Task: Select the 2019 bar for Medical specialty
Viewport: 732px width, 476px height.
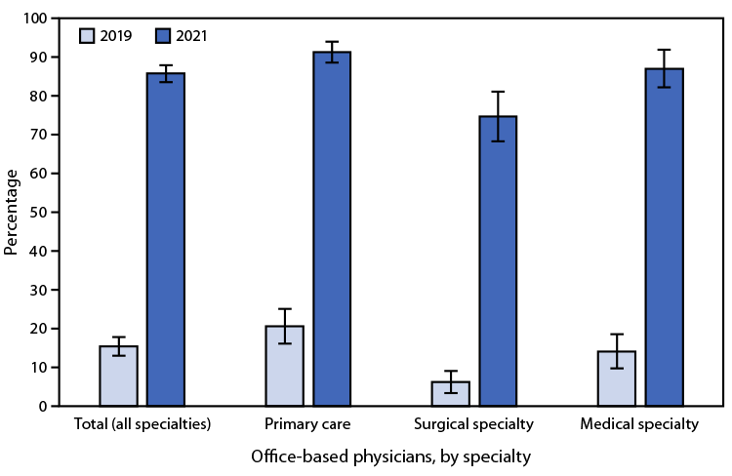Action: pos(617,378)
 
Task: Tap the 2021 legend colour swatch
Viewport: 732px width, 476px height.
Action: pos(163,36)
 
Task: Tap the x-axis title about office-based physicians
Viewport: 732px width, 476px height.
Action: pos(390,456)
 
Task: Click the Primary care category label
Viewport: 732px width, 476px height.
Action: pos(307,425)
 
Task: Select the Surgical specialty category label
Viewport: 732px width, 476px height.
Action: pos(474,425)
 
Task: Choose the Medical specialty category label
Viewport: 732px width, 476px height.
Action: pos(640,425)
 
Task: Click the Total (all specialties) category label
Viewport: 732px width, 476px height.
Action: pos(142,425)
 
